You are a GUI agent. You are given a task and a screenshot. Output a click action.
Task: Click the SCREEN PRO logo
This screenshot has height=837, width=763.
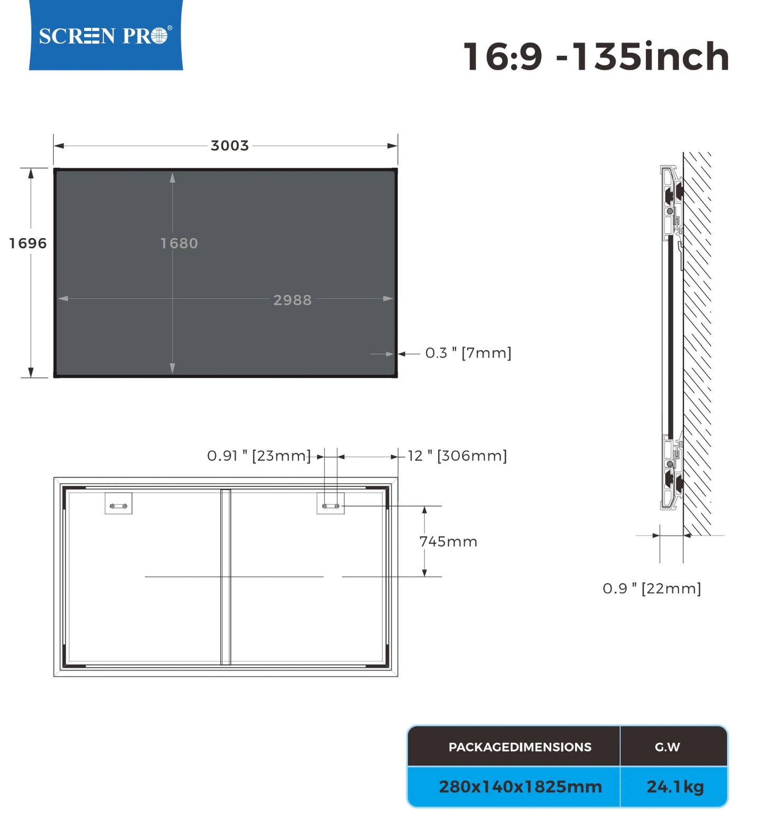106,35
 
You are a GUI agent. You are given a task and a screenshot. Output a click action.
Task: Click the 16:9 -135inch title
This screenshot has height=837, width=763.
596,57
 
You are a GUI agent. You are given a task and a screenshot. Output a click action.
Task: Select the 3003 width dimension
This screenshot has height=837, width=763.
230,145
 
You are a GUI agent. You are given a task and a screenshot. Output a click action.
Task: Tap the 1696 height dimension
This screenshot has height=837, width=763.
28,243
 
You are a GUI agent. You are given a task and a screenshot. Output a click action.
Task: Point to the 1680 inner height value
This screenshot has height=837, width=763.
179,243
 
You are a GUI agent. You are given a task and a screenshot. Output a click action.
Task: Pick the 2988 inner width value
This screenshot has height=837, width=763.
293,300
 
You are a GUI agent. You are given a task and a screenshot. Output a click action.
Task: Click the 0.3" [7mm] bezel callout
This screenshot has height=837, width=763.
468,353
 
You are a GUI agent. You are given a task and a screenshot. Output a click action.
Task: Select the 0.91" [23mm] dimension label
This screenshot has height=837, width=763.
259,456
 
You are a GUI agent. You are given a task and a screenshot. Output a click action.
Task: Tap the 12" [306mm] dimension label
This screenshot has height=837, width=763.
457,456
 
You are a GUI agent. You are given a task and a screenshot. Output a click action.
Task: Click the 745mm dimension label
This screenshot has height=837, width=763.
448,541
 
